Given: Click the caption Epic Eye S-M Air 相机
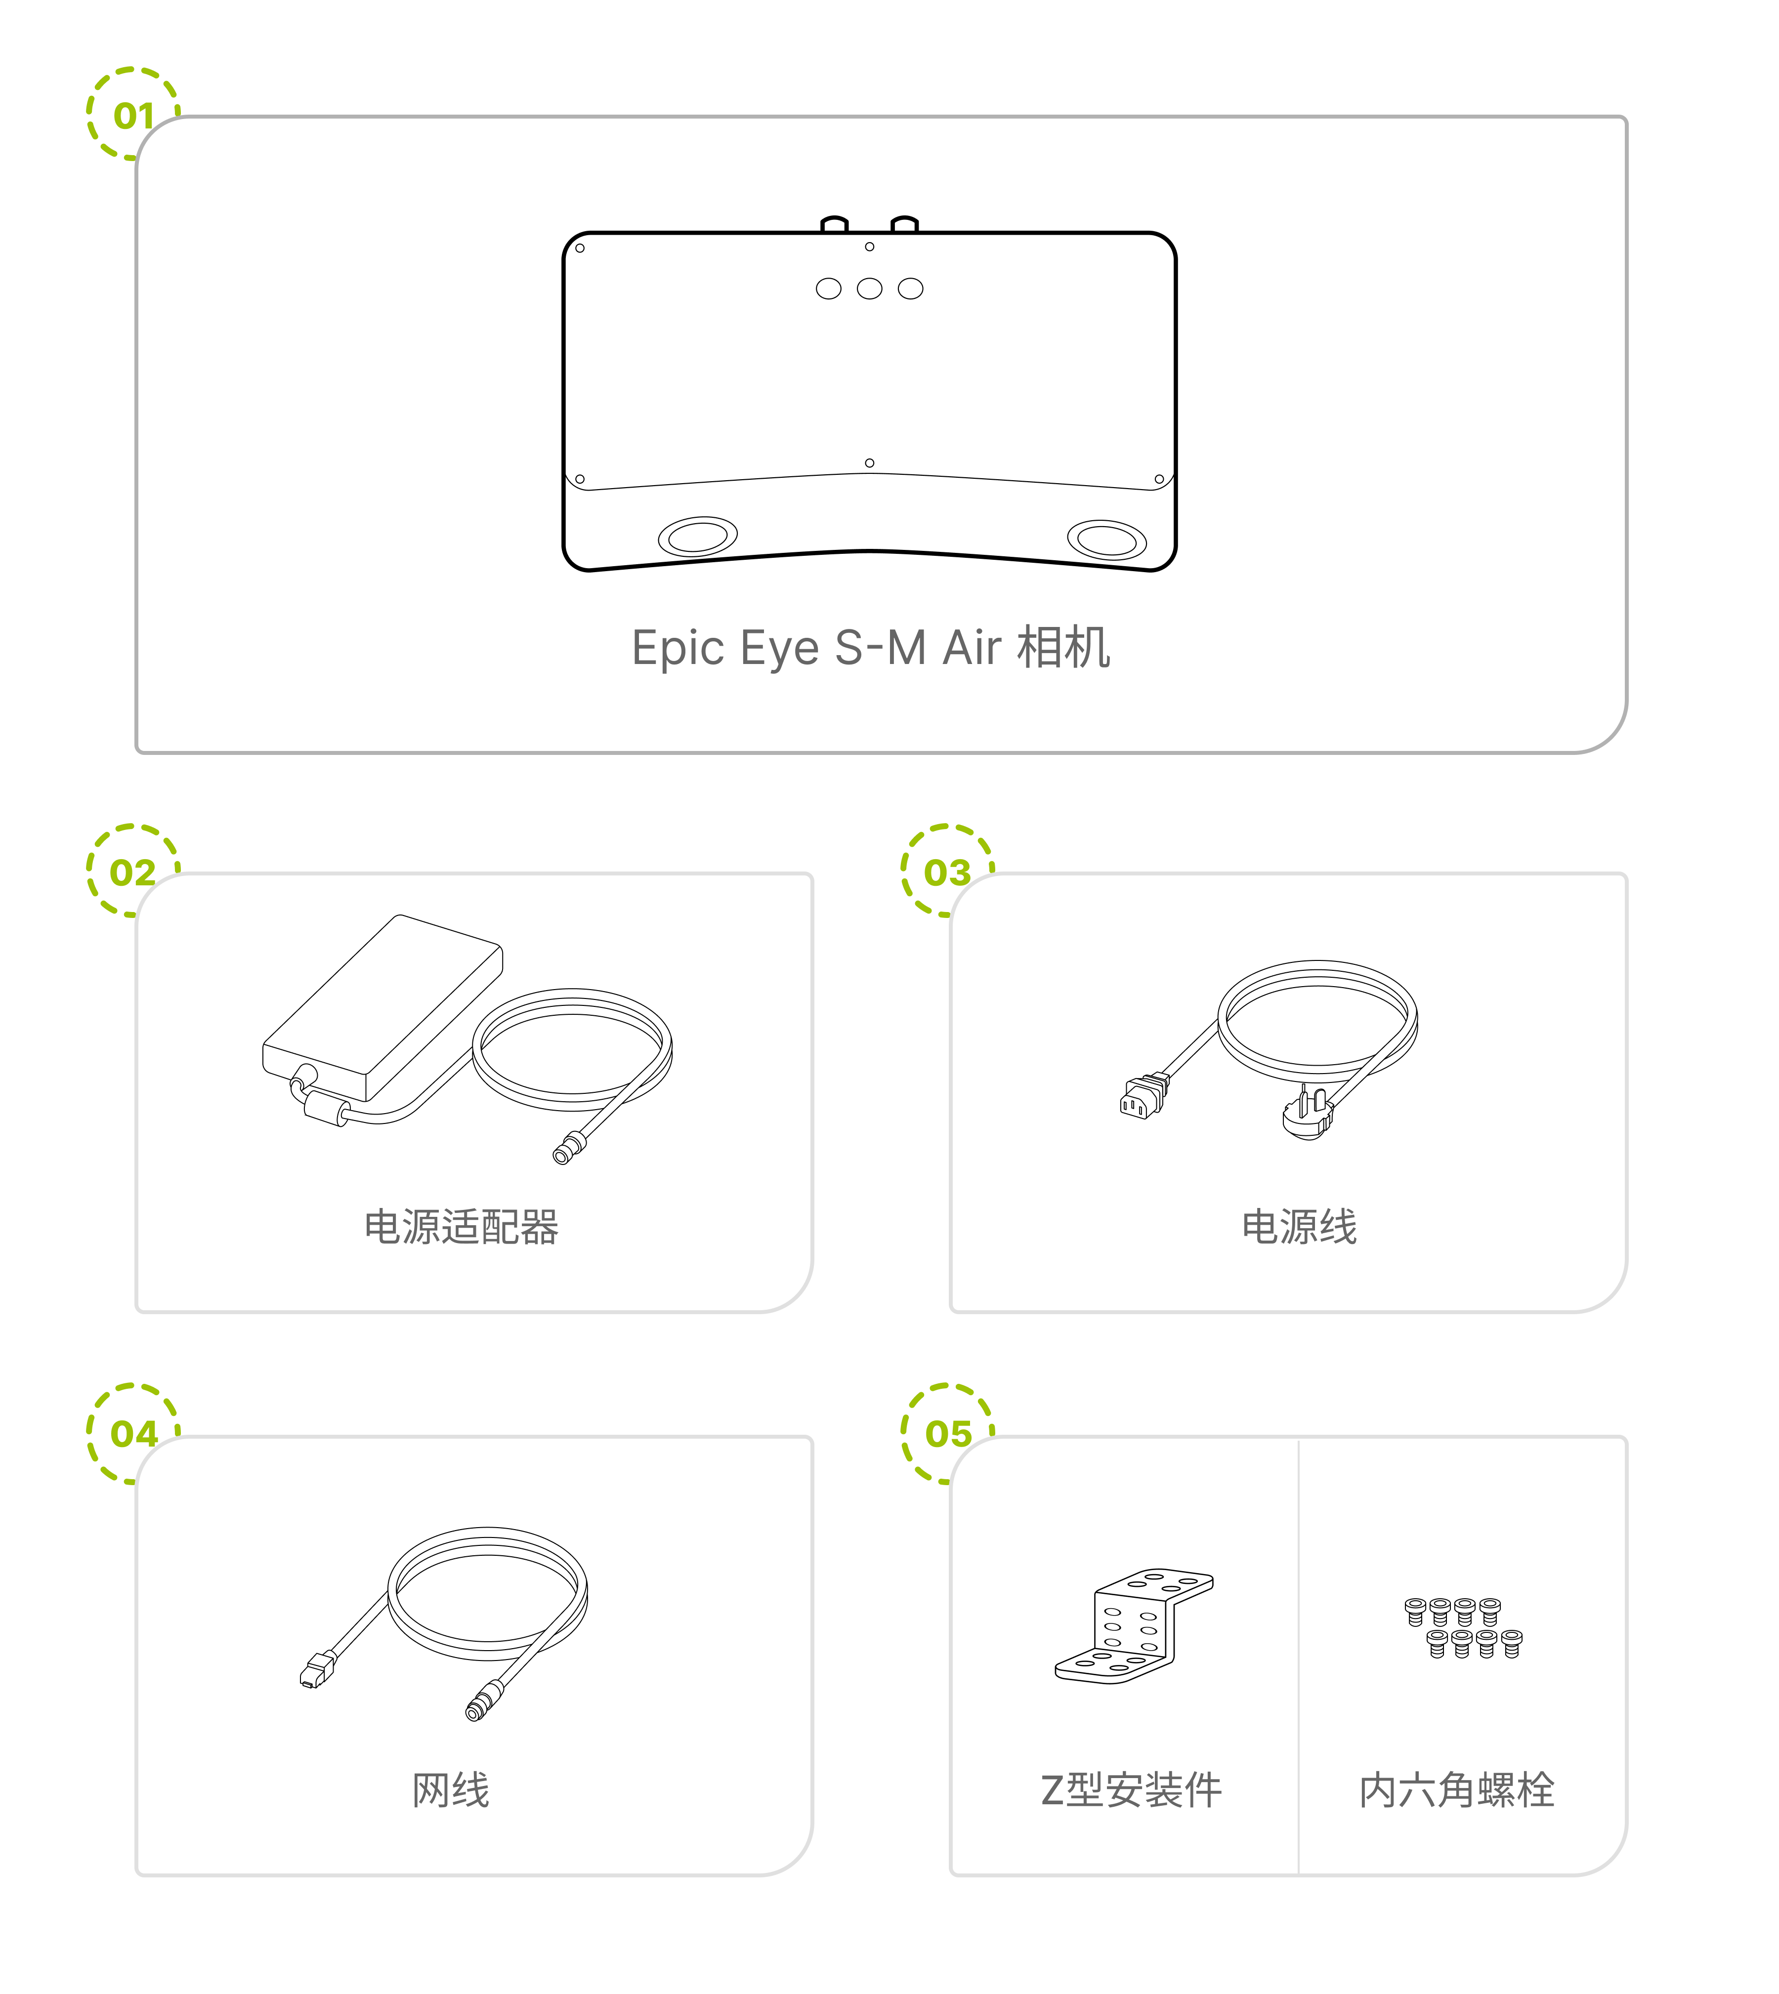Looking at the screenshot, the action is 871,647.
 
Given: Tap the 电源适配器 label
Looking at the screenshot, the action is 462,1227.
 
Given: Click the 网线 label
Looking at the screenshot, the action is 451,1790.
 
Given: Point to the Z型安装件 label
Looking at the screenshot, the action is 1131,1790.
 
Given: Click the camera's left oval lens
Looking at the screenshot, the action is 698,537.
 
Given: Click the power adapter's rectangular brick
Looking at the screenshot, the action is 382,1008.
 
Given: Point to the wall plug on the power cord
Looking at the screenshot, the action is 1308,1114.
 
